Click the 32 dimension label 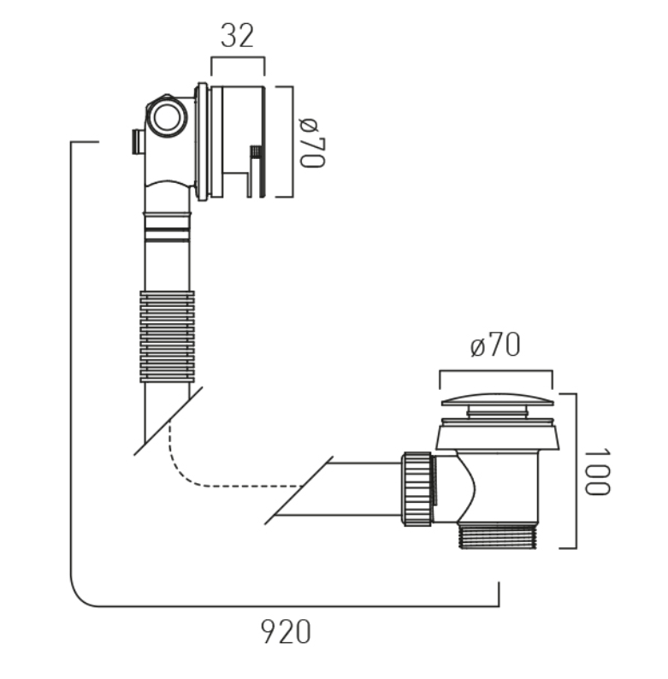pos(237,36)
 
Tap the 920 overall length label pos(286,632)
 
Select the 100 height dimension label pos(597,471)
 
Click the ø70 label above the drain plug pos(495,345)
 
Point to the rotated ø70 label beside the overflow pos(312,143)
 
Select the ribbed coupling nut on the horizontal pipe pos(418,489)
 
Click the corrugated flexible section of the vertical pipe pos(168,336)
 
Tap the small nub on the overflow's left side pos(138,141)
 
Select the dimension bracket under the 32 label pos(238,57)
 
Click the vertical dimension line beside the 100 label pos(576,470)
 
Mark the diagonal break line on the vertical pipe pos(168,421)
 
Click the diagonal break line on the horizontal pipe pos(299,490)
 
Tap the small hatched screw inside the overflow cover pos(256,151)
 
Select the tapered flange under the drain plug pos(497,437)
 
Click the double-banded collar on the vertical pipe pos(168,227)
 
